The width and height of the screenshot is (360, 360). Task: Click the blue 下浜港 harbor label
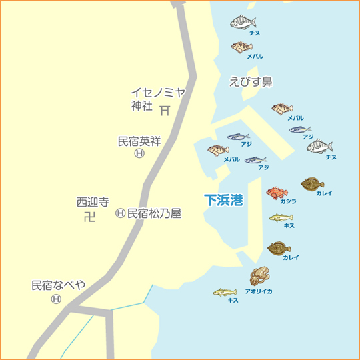pyautogui.click(x=224, y=199)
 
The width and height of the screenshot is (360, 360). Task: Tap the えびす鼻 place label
pyautogui.click(x=251, y=81)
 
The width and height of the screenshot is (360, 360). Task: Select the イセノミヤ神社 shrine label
pyautogui.click(x=157, y=99)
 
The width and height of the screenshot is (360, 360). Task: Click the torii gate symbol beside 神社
pyautogui.click(x=164, y=108)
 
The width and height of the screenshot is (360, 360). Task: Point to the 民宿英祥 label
pyautogui.click(x=139, y=141)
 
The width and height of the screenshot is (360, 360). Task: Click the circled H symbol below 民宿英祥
pyautogui.click(x=139, y=153)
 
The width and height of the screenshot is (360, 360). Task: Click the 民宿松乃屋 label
pyautogui.click(x=154, y=213)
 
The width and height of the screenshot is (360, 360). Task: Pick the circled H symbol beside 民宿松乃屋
pyautogui.click(x=120, y=213)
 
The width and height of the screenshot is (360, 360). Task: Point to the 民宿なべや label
pyautogui.click(x=59, y=285)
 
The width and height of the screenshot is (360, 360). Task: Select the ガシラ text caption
pyautogui.click(x=288, y=201)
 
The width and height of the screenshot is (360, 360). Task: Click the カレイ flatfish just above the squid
pyautogui.click(x=279, y=248)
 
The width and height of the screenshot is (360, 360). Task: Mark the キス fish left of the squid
pyautogui.click(x=225, y=292)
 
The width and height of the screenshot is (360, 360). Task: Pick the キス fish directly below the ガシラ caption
pyautogui.click(x=281, y=217)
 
